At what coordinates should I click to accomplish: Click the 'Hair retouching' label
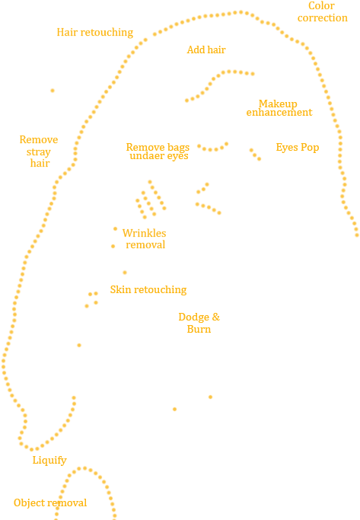[95, 33]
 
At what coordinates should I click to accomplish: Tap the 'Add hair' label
[206, 49]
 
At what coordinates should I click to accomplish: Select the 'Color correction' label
[322, 11]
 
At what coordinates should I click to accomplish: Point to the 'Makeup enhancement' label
[279, 108]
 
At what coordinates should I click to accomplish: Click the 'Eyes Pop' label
[298, 147]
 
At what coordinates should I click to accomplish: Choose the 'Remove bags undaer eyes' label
[158, 152]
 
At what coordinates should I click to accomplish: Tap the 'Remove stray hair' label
[39, 152]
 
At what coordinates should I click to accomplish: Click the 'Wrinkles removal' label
[145, 239]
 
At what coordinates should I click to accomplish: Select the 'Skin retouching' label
[148, 289]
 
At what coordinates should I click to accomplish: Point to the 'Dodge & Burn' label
[199, 323]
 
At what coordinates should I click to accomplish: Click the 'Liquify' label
[49, 461]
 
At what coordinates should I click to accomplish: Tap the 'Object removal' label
[50, 502]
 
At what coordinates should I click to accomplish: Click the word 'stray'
[39, 152]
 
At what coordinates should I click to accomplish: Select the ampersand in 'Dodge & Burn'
[216, 317]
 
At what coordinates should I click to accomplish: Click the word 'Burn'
[199, 329]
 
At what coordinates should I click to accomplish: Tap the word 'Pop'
[310, 147]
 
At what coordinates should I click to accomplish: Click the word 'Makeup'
[278, 104]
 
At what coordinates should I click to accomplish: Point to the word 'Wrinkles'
[144, 233]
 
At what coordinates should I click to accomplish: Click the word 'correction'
[323, 18]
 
